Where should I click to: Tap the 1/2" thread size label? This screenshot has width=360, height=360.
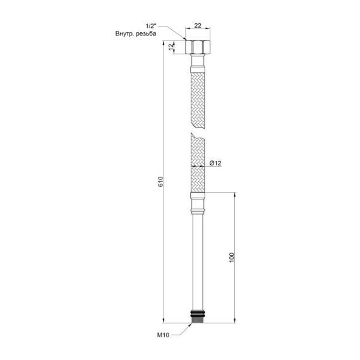152,26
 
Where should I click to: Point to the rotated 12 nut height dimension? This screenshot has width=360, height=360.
171,47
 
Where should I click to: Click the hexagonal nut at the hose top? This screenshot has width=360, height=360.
198,47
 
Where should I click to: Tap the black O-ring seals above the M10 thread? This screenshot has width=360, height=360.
198,313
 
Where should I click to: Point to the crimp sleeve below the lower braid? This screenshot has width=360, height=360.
198,202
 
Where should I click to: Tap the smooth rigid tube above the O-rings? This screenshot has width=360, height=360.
198,259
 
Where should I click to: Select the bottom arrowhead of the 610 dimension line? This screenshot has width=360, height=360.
165,320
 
